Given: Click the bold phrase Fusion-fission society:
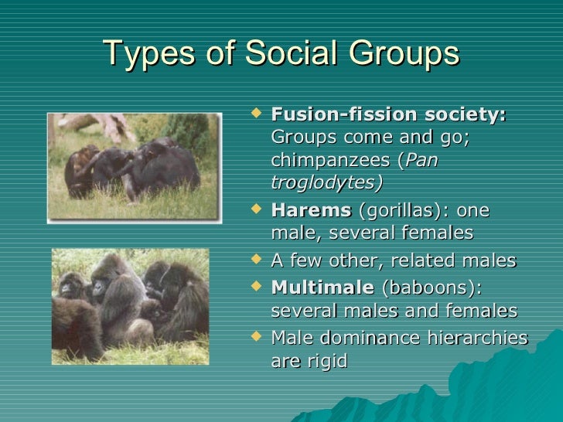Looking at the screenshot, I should coord(389,114).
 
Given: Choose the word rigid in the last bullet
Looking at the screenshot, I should coord(326,360).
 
